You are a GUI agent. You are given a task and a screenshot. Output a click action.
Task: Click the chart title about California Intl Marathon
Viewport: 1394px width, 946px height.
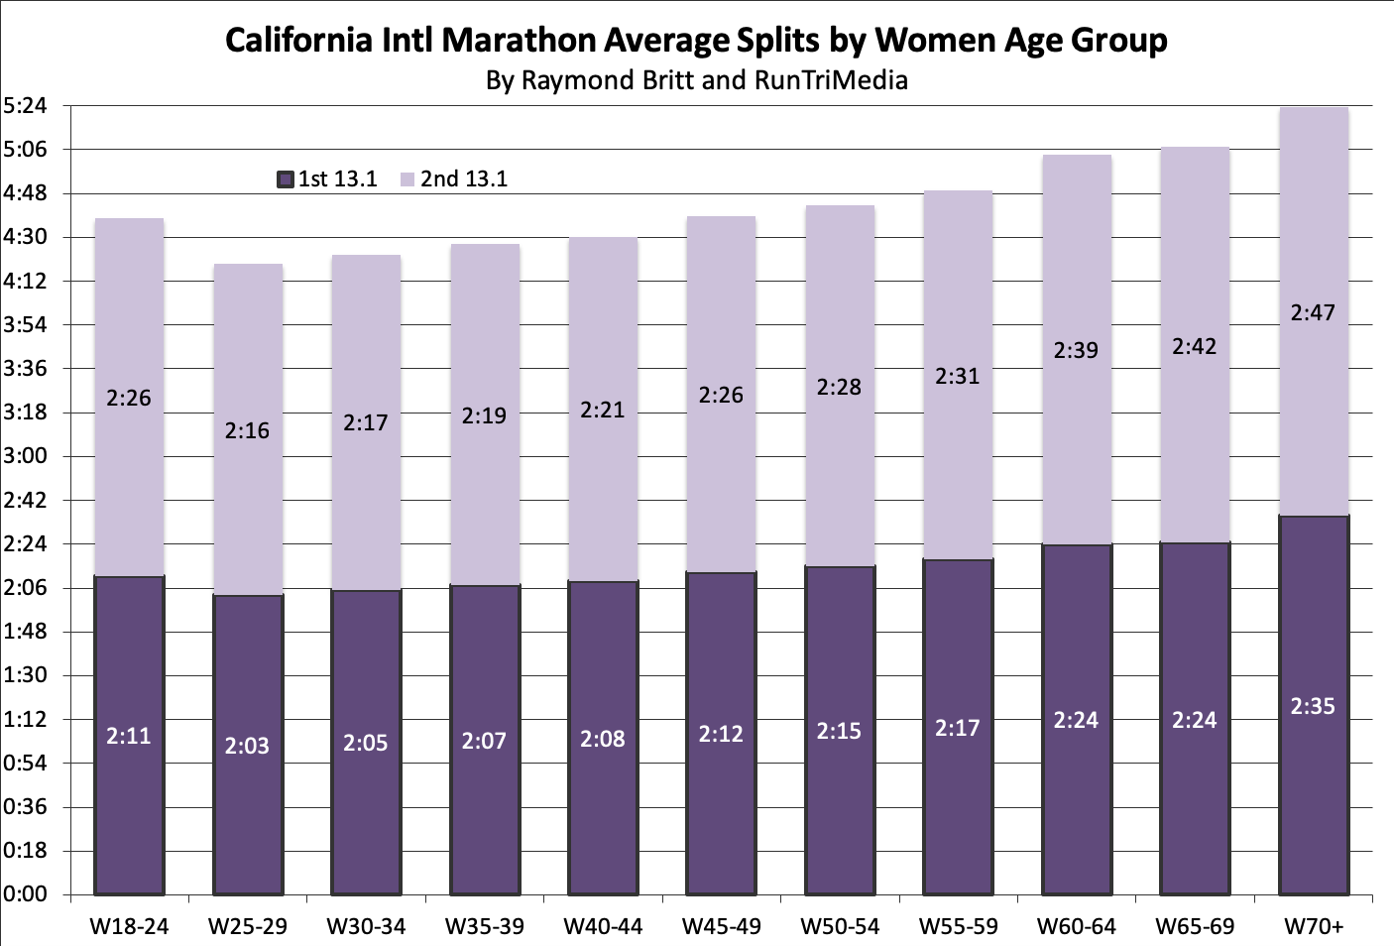coord(696,40)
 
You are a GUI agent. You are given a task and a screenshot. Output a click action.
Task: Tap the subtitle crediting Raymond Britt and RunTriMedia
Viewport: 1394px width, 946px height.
coord(696,79)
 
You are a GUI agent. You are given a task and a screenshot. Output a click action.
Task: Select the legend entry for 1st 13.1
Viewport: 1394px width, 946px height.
coord(327,179)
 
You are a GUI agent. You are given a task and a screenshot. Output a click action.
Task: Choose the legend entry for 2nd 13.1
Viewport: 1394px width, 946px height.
coord(454,179)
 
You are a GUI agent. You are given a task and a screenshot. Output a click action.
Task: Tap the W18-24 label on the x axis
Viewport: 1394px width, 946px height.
coord(129,926)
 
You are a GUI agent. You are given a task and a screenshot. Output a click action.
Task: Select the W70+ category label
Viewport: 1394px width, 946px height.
coord(1314,926)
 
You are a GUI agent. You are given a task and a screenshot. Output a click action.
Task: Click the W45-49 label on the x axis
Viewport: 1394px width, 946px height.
coord(721,926)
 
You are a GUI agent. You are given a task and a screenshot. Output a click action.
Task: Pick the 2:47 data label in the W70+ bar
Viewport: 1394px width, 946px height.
coord(1313,312)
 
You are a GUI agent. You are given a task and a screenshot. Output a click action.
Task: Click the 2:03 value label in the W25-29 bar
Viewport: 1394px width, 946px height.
coord(247,746)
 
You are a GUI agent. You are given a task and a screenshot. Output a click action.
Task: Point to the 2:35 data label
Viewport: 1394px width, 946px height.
coord(1313,706)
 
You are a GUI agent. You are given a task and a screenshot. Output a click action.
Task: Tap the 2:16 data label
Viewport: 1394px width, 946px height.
coord(247,430)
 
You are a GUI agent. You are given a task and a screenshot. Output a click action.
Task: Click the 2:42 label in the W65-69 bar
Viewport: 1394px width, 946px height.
coord(1195,346)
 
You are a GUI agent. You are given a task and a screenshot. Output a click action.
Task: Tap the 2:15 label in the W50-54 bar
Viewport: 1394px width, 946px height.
coord(839,731)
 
